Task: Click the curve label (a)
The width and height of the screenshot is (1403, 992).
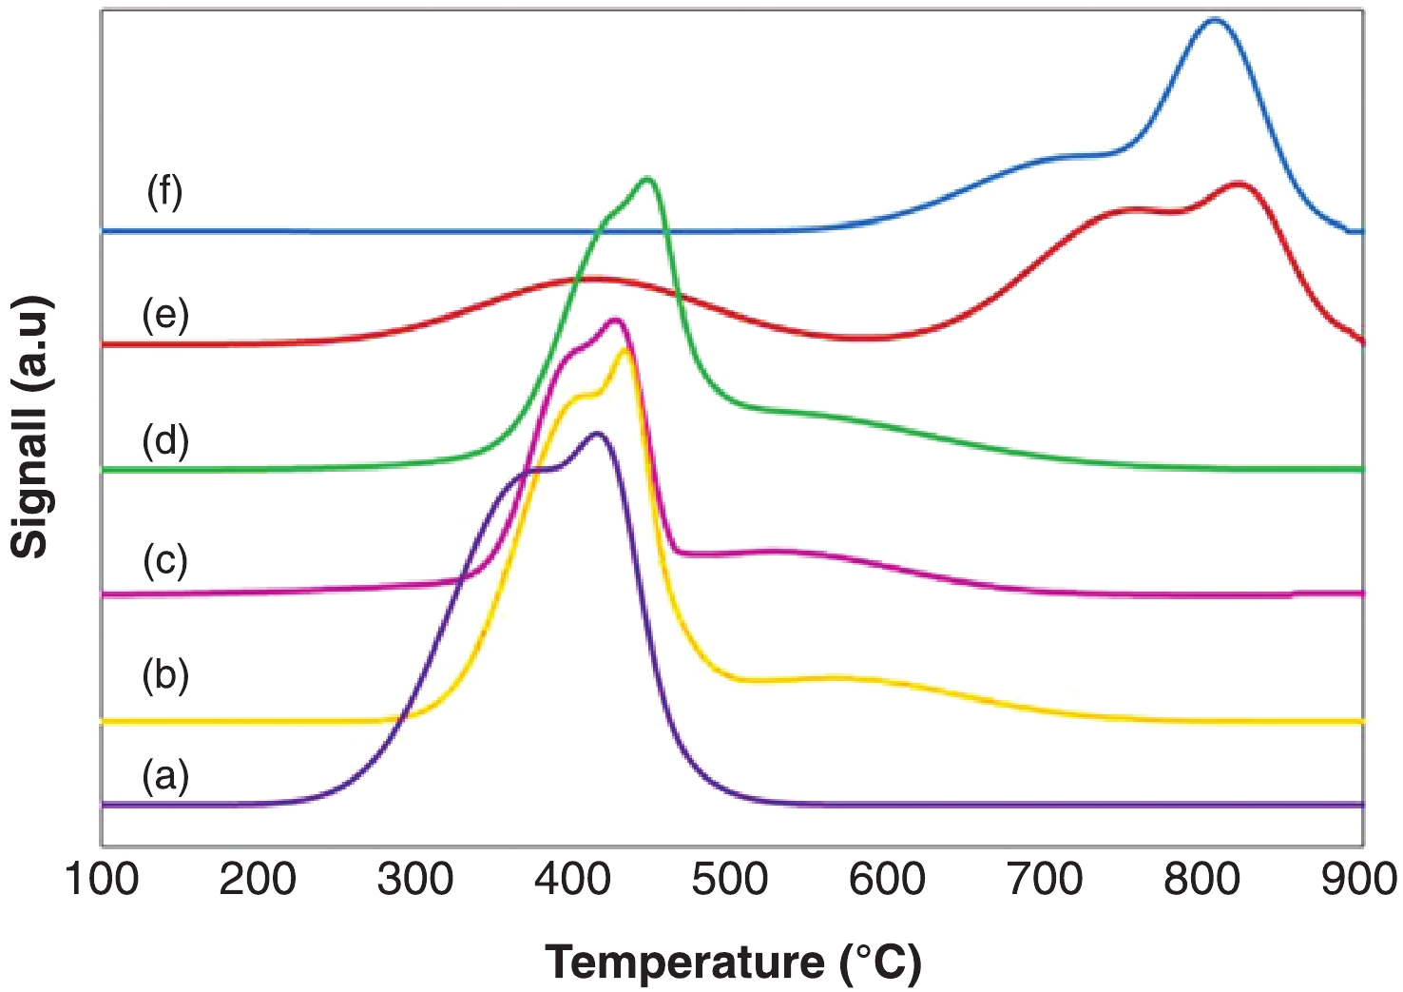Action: coord(165,776)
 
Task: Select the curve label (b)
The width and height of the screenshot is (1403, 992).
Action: coord(165,675)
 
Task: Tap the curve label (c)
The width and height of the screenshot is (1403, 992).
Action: coord(165,560)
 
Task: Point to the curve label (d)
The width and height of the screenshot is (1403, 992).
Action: coord(165,441)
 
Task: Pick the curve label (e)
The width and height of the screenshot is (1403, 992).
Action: coord(165,314)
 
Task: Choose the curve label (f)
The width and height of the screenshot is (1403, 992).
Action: coord(164,192)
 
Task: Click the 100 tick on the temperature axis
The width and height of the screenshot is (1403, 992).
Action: coord(102,880)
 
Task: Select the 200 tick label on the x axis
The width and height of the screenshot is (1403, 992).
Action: coord(258,880)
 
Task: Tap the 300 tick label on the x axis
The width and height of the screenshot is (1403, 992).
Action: coord(415,880)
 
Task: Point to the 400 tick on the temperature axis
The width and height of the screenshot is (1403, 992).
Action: coord(572,880)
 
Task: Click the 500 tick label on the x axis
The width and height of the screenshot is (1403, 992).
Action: coord(730,880)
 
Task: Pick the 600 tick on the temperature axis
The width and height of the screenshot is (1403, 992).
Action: coord(887,880)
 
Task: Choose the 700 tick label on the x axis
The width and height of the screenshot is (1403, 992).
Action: coord(1045,880)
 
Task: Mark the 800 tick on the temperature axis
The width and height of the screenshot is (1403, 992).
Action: coord(1201,880)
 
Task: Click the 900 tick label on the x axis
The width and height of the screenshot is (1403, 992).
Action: coord(1359,880)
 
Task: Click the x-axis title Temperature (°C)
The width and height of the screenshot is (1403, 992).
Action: coord(733,963)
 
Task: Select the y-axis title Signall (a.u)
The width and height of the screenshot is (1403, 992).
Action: coord(30,427)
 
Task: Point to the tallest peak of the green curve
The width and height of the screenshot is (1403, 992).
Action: coord(648,179)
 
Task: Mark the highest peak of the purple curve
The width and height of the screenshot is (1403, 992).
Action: coord(597,434)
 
